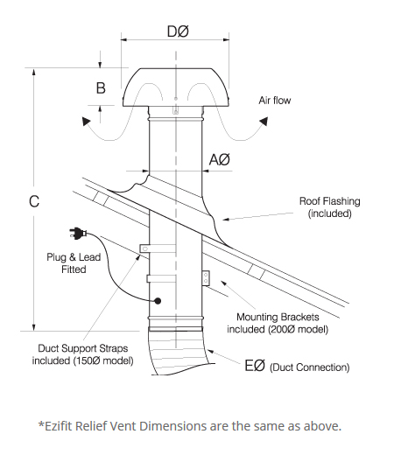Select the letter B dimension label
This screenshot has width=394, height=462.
coord(101,87)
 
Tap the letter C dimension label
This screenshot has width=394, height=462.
coord(33,201)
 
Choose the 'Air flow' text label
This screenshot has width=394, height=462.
coord(274,101)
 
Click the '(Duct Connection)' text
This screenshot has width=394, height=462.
coord(310,367)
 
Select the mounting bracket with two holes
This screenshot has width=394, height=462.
coord(206,277)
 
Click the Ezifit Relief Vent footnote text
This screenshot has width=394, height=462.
coord(189,426)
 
